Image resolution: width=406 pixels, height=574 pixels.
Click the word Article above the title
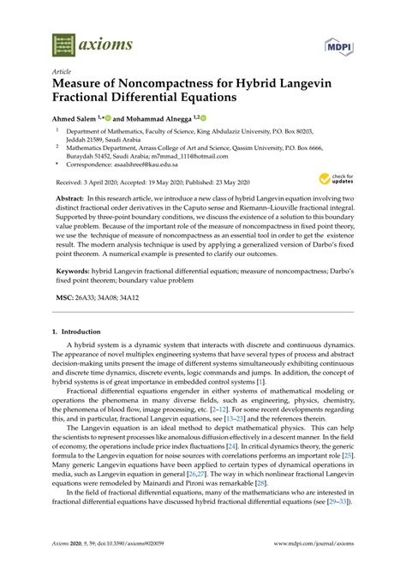62,72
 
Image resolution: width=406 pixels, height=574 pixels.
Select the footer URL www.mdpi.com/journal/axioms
308,556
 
